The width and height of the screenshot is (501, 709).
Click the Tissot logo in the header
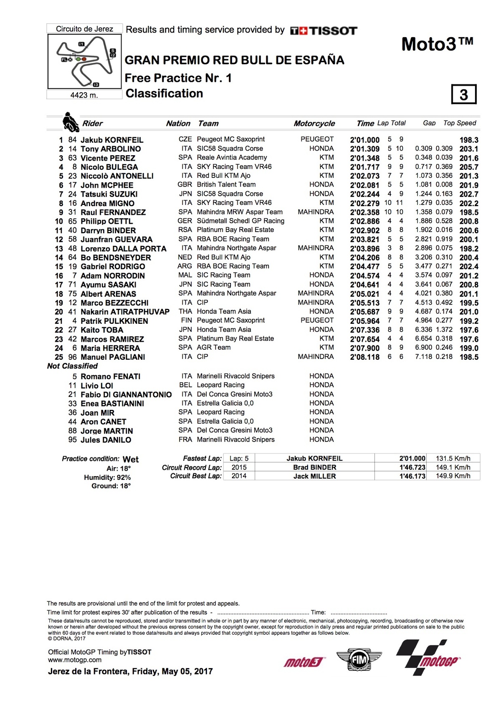(x=324, y=30)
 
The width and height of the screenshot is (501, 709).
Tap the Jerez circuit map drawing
(x=85, y=61)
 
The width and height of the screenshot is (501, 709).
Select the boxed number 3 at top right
(x=463, y=95)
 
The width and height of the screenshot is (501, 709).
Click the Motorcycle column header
(x=314, y=124)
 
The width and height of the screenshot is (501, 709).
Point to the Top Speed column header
(x=459, y=123)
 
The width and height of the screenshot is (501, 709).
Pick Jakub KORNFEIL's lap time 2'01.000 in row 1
(x=364, y=140)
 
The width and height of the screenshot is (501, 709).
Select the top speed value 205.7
(x=469, y=167)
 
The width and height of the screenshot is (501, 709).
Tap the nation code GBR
(x=185, y=184)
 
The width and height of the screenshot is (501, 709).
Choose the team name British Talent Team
(x=226, y=184)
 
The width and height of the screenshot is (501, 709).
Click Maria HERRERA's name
(x=104, y=348)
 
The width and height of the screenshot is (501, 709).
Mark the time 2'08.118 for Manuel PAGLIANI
(x=364, y=357)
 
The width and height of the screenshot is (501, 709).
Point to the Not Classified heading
(x=72, y=366)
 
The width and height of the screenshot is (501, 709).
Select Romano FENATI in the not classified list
(x=110, y=376)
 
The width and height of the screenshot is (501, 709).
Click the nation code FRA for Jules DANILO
(x=185, y=439)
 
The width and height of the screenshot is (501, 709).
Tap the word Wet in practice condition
(x=131, y=459)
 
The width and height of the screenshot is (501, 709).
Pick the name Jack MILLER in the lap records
(x=314, y=476)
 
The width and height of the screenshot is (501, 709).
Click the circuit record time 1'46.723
(x=412, y=467)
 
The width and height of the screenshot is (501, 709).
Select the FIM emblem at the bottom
(x=359, y=660)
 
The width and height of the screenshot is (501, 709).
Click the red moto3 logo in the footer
(x=304, y=662)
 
